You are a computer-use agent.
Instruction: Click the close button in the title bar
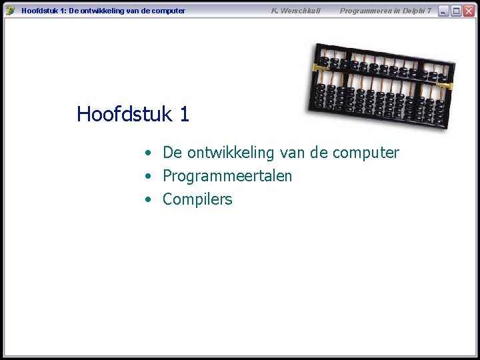point(469,11)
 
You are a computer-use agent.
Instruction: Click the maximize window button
point(456,11)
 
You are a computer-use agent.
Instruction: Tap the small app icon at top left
point(10,11)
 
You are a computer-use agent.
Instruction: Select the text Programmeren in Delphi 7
point(385,11)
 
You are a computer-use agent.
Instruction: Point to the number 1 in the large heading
point(184,114)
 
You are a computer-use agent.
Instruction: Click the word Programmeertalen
point(227,176)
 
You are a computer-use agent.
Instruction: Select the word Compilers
point(197,199)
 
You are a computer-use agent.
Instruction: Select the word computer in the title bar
point(167,11)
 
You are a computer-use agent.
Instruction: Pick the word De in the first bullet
point(172,153)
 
